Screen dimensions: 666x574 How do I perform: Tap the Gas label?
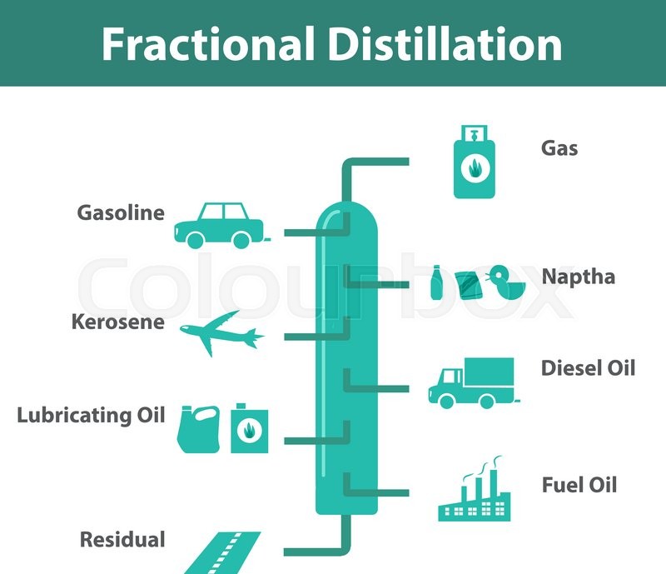point(559,148)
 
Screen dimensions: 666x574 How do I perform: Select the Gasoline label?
point(121,212)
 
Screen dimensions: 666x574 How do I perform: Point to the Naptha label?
point(579,277)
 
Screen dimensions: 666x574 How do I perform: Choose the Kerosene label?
point(117,322)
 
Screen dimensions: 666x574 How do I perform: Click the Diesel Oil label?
point(588,367)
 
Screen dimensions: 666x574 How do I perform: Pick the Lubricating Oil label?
point(91,415)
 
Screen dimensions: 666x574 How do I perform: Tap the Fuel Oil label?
point(579,484)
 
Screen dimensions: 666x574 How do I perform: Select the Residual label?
point(122,539)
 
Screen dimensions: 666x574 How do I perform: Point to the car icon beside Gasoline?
point(218,224)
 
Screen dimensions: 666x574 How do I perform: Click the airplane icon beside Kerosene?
point(220,333)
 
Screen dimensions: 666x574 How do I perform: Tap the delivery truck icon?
point(471,382)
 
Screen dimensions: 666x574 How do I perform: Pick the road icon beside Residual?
point(221,552)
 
